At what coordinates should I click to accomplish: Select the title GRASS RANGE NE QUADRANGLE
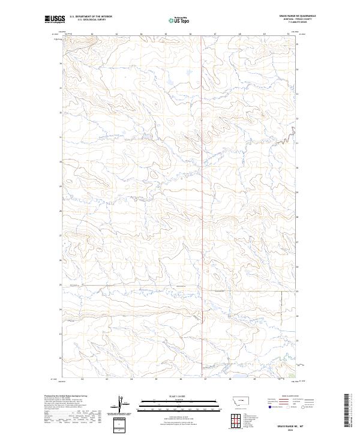(x=285, y=16)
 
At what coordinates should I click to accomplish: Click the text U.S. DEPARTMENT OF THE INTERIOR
(x=91, y=16)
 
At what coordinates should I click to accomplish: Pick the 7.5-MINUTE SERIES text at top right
(x=285, y=24)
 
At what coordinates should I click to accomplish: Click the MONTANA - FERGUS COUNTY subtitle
(x=285, y=20)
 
